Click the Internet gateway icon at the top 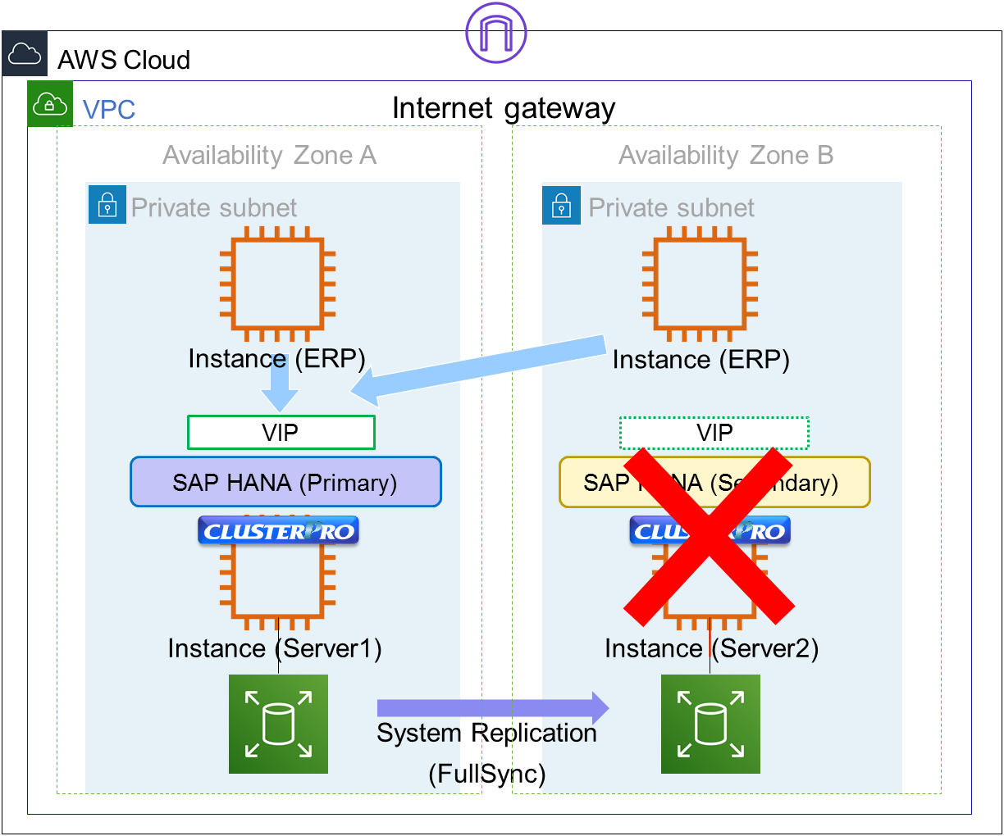495,33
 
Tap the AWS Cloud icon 25,54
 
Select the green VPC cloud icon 50,104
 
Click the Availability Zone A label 269,155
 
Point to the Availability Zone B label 725,155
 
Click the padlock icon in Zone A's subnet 107,205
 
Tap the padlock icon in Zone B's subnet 561,205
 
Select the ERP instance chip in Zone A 277,284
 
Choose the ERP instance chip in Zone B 700,284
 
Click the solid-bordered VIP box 281,433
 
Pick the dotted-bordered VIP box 714,433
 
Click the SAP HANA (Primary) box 285,482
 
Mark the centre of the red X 709,534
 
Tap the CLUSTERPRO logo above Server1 278,531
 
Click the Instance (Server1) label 275,648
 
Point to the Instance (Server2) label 711,648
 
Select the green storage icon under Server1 278,724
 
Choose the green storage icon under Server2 710,724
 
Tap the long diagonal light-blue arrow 484,366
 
